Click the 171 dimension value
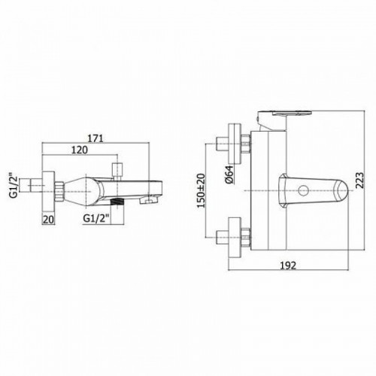tap(95, 138)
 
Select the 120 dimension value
tap(80, 150)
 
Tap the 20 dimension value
tap(48, 220)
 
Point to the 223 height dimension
tap(359, 180)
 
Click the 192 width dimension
tap(287, 265)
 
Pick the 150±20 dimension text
tap(201, 191)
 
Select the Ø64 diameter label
tap(229, 174)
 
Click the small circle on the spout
tap(304, 191)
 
